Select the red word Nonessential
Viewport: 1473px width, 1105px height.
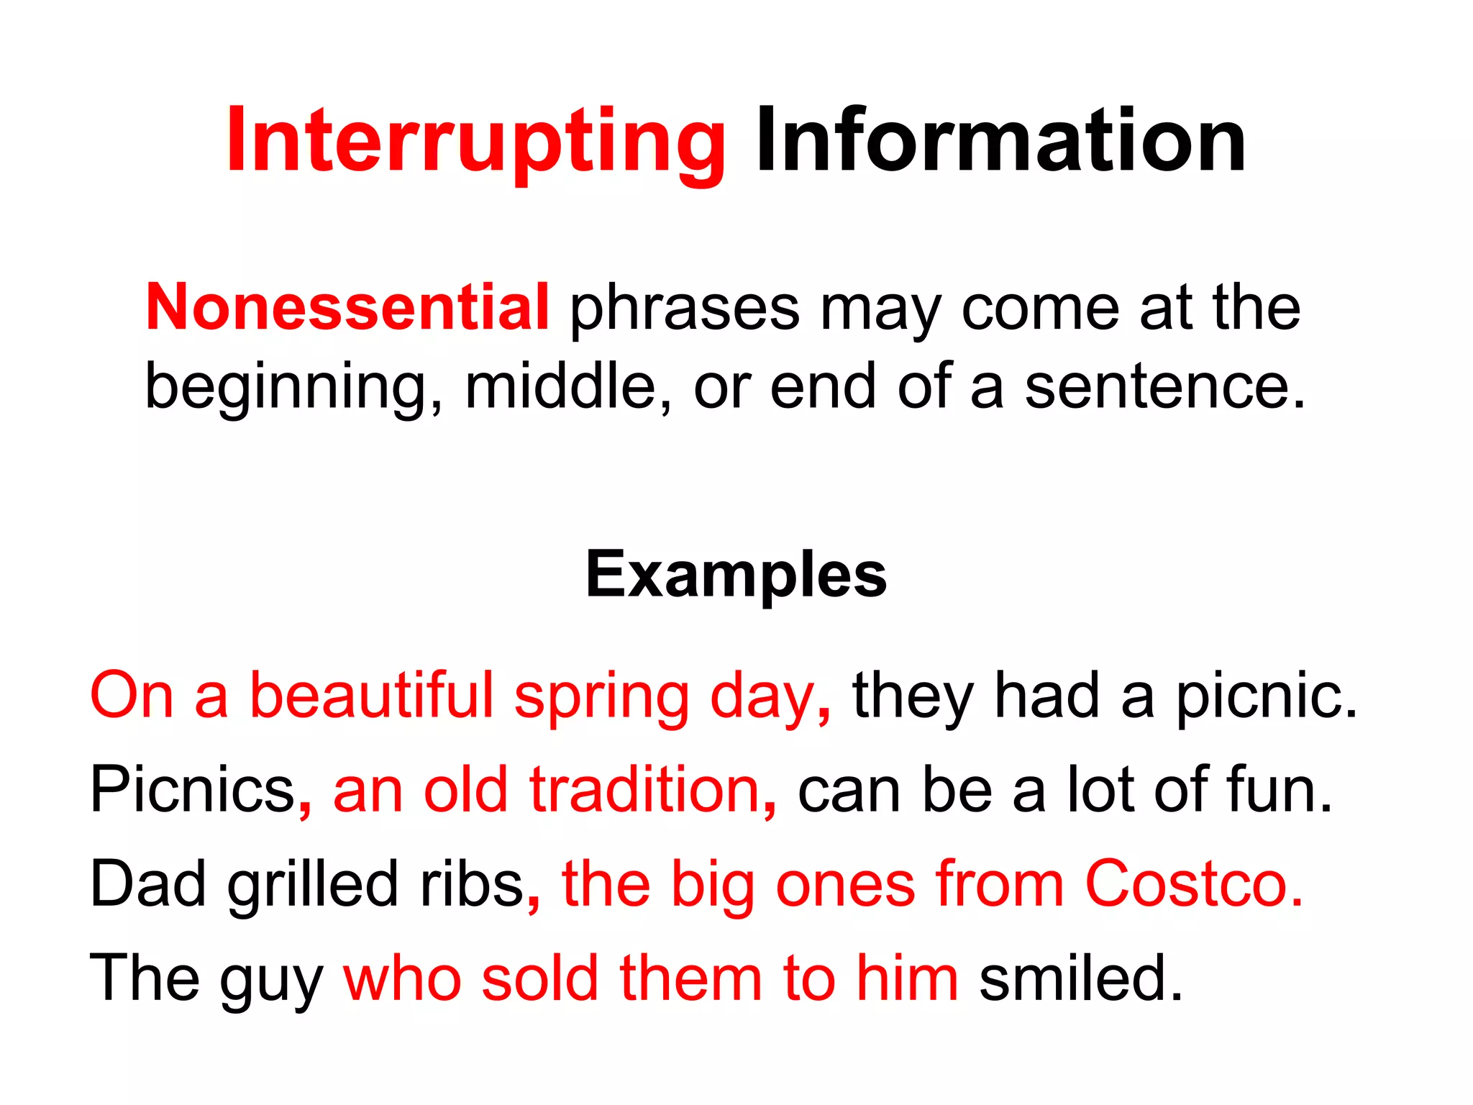click(347, 307)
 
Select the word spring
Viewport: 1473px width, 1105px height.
click(601, 696)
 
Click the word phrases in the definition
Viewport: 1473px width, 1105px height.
click(685, 307)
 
